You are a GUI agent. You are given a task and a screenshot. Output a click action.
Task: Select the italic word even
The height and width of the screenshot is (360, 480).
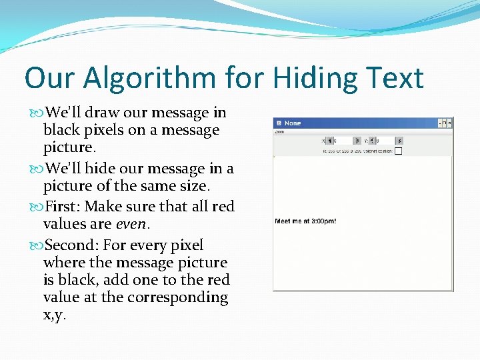[x=130, y=225]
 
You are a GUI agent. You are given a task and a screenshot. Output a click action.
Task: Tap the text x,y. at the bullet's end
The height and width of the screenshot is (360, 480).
[x=55, y=315]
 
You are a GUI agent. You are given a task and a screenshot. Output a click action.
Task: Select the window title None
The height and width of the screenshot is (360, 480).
[x=293, y=123]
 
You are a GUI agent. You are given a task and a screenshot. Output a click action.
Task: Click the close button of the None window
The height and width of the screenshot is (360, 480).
[x=449, y=123]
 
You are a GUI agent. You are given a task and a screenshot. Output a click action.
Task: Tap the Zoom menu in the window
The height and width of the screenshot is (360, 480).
[x=279, y=131]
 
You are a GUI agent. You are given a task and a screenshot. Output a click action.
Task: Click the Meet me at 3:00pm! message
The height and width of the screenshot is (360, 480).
[x=306, y=221]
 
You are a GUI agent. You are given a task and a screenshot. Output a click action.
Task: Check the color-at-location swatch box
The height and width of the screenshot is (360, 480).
[x=398, y=151]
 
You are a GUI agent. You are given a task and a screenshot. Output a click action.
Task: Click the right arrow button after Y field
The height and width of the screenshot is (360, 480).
[x=399, y=141]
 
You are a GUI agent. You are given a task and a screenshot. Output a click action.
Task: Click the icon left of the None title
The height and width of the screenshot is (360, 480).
[x=279, y=123]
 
